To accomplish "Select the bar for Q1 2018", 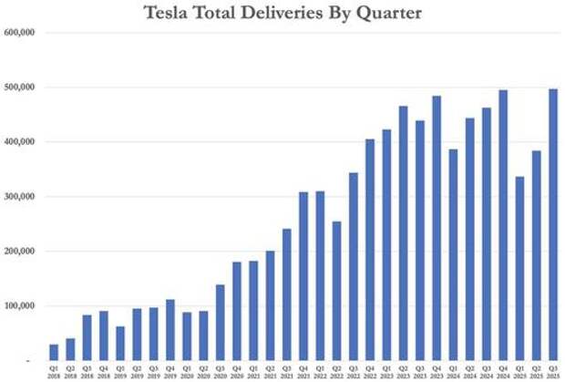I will click(x=54, y=352).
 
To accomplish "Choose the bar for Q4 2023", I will click(x=437, y=228).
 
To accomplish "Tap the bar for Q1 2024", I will click(x=453, y=254).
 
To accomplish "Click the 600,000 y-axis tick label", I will click(x=19, y=33).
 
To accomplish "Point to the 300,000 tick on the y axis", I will click(x=19, y=197).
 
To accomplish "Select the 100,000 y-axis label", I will click(x=19, y=306).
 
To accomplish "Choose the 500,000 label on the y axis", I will click(x=19, y=88).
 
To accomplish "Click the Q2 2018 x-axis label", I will click(x=70, y=371).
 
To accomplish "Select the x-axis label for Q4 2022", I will click(x=370, y=371).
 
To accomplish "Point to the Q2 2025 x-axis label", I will click(x=536, y=371).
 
